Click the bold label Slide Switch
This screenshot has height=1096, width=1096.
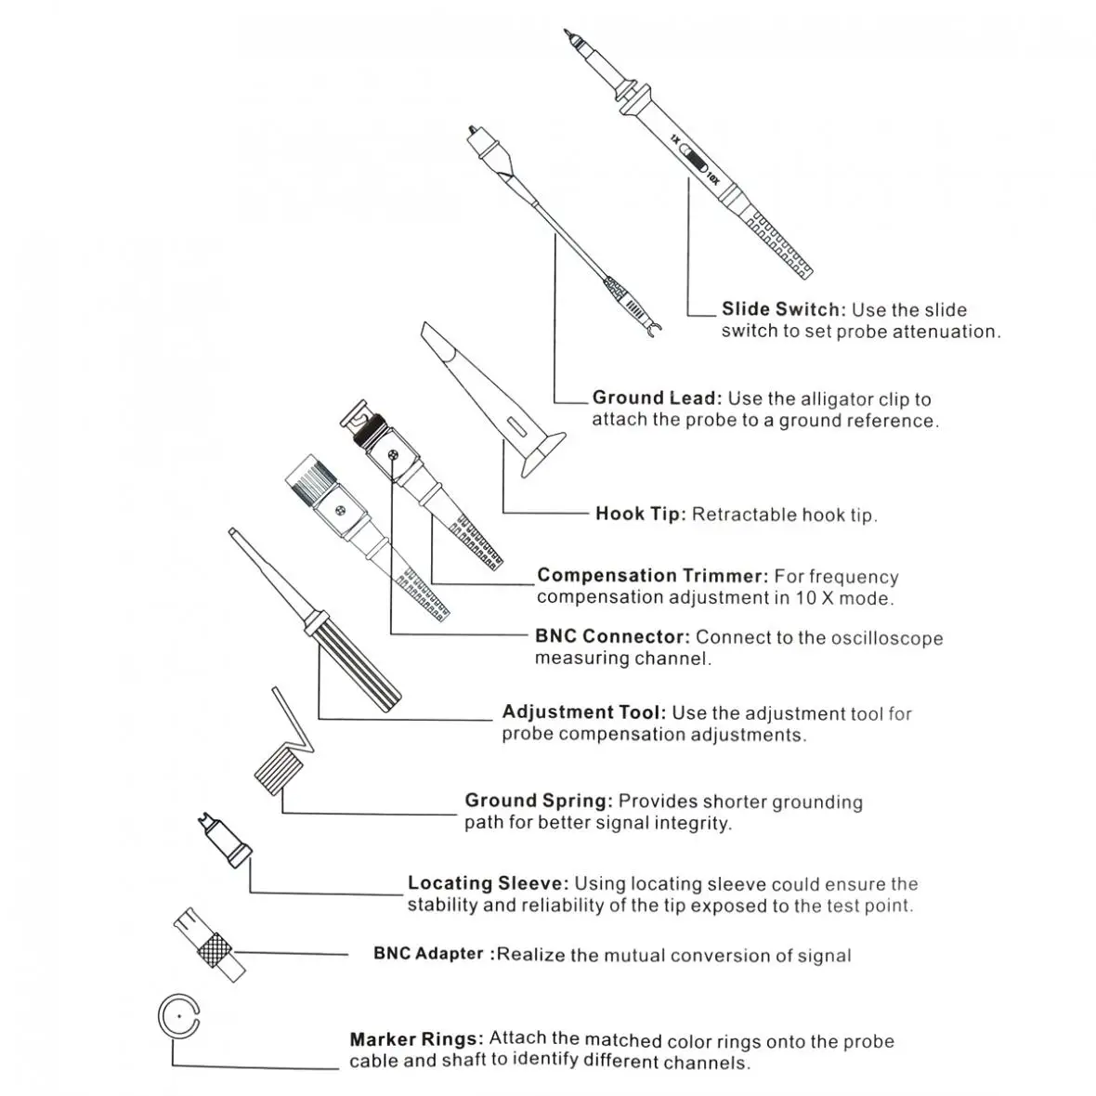click(783, 309)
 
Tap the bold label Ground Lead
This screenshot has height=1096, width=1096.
click(656, 398)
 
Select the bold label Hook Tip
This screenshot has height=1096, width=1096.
click(640, 514)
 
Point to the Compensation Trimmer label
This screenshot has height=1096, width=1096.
click(653, 576)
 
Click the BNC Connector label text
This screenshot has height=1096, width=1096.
click(612, 637)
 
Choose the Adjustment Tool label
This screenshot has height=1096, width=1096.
click(583, 712)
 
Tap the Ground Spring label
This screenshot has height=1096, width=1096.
click(539, 801)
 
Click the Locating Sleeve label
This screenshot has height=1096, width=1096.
click(489, 883)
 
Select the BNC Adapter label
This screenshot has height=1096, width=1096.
click(429, 954)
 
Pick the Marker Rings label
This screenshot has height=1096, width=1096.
click(416, 1039)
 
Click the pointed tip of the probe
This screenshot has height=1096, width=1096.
click(568, 35)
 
